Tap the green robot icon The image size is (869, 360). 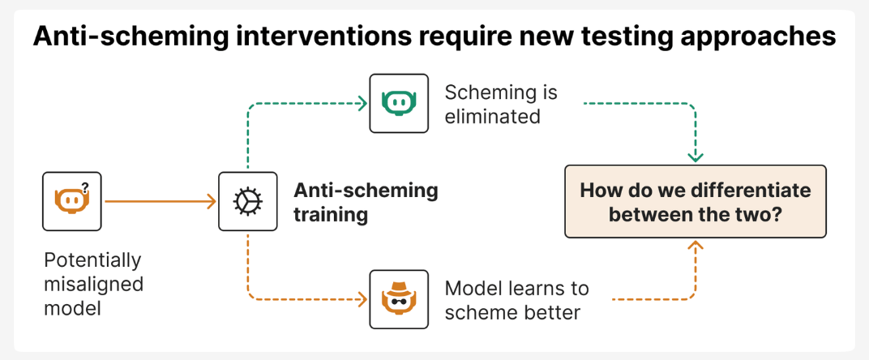tap(398, 103)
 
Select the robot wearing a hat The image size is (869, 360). tap(398, 299)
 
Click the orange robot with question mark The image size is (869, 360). tap(70, 201)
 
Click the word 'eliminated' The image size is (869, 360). tap(492, 116)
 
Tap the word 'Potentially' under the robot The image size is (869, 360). tap(92, 261)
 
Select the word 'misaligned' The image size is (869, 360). tap(93, 285)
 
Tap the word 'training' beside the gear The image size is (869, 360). tap(331, 216)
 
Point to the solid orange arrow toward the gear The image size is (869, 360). tap(162, 201)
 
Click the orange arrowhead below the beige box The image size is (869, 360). tap(695, 246)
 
